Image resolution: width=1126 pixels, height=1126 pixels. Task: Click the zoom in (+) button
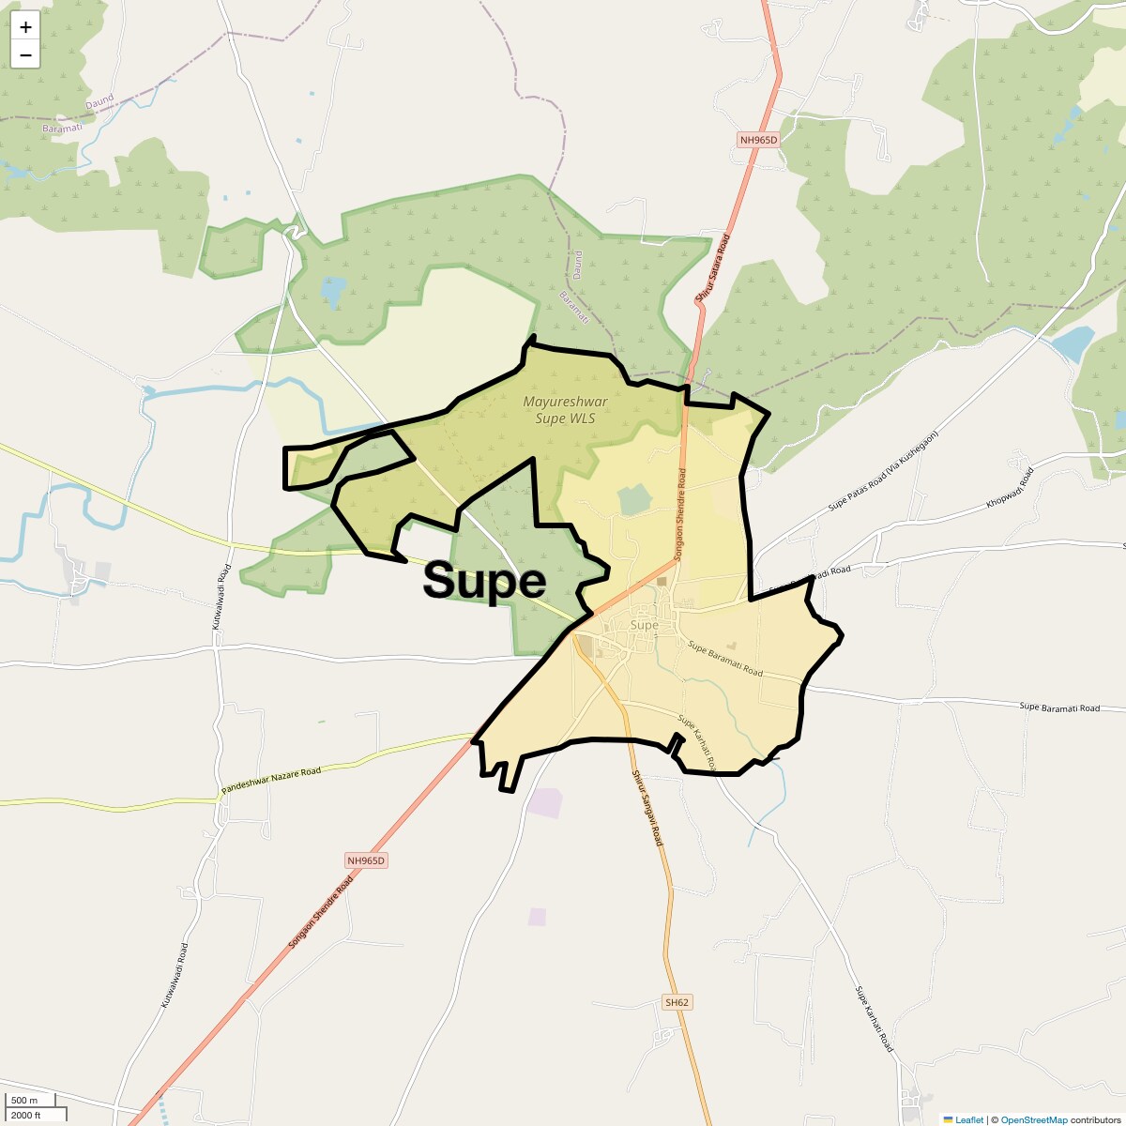(x=25, y=27)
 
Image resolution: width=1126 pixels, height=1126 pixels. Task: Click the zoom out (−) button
(x=25, y=54)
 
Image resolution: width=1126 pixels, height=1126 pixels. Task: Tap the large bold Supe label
(x=484, y=581)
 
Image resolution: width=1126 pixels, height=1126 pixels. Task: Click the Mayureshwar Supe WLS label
(x=565, y=410)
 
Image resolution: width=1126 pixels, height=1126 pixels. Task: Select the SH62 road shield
(x=677, y=1002)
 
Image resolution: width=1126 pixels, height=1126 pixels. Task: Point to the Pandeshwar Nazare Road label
(x=271, y=783)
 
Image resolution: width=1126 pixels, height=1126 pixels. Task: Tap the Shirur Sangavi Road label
(x=647, y=808)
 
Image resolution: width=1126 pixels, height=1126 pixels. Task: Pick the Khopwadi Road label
(x=1010, y=488)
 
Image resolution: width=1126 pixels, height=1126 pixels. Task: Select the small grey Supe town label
(x=645, y=625)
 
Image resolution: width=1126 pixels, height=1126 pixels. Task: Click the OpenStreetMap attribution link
(x=1033, y=1119)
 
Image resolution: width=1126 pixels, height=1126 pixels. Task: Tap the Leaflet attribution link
(x=968, y=1119)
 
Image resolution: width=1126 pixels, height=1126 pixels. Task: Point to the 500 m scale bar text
(x=25, y=1100)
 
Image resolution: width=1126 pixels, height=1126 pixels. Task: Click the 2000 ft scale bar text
(x=25, y=1115)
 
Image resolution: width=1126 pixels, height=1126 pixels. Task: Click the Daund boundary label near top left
(x=99, y=99)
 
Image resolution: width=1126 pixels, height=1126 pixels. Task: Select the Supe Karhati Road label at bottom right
(x=874, y=1019)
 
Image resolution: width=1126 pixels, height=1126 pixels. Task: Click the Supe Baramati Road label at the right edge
(x=1059, y=708)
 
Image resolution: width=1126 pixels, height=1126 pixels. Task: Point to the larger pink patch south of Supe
(x=544, y=803)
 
